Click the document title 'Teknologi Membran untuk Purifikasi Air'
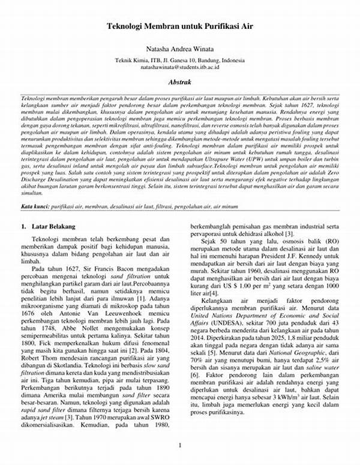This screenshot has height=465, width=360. pyautogui.click(x=179, y=27)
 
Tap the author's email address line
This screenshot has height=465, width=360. pyautogui.click(x=179, y=70)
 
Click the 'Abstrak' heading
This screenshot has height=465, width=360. pyautogui.click(x=179, y=81)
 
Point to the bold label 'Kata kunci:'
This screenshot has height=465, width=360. pyautogui.click(x=35, y=206)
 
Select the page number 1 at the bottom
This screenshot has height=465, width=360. pyautogui.click(x=179, y=444)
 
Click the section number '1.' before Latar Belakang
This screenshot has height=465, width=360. pyautogui.click(x=23, y=227)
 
